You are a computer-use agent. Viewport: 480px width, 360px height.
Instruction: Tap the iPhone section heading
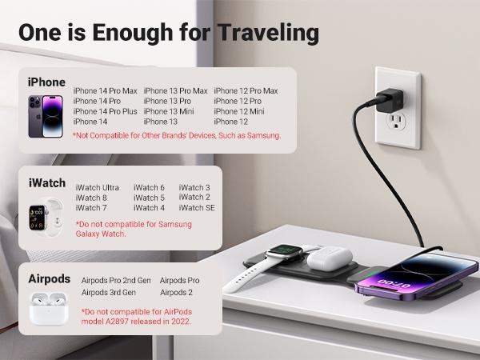[46, 82]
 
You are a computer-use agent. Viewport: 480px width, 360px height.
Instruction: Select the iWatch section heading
[47, 183]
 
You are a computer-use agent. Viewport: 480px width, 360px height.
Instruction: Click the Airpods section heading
[50, 279]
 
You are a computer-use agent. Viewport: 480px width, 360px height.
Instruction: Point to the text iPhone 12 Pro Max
[246, 91]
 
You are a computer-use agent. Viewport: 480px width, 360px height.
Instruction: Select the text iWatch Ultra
[98, 188]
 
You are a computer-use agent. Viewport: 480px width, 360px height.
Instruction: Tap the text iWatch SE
[197, 208]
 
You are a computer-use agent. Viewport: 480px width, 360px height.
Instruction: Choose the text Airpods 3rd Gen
[109, 293]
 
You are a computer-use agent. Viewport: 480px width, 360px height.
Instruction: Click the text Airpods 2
[176, 293]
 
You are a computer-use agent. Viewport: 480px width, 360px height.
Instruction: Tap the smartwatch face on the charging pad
[278, 255]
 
